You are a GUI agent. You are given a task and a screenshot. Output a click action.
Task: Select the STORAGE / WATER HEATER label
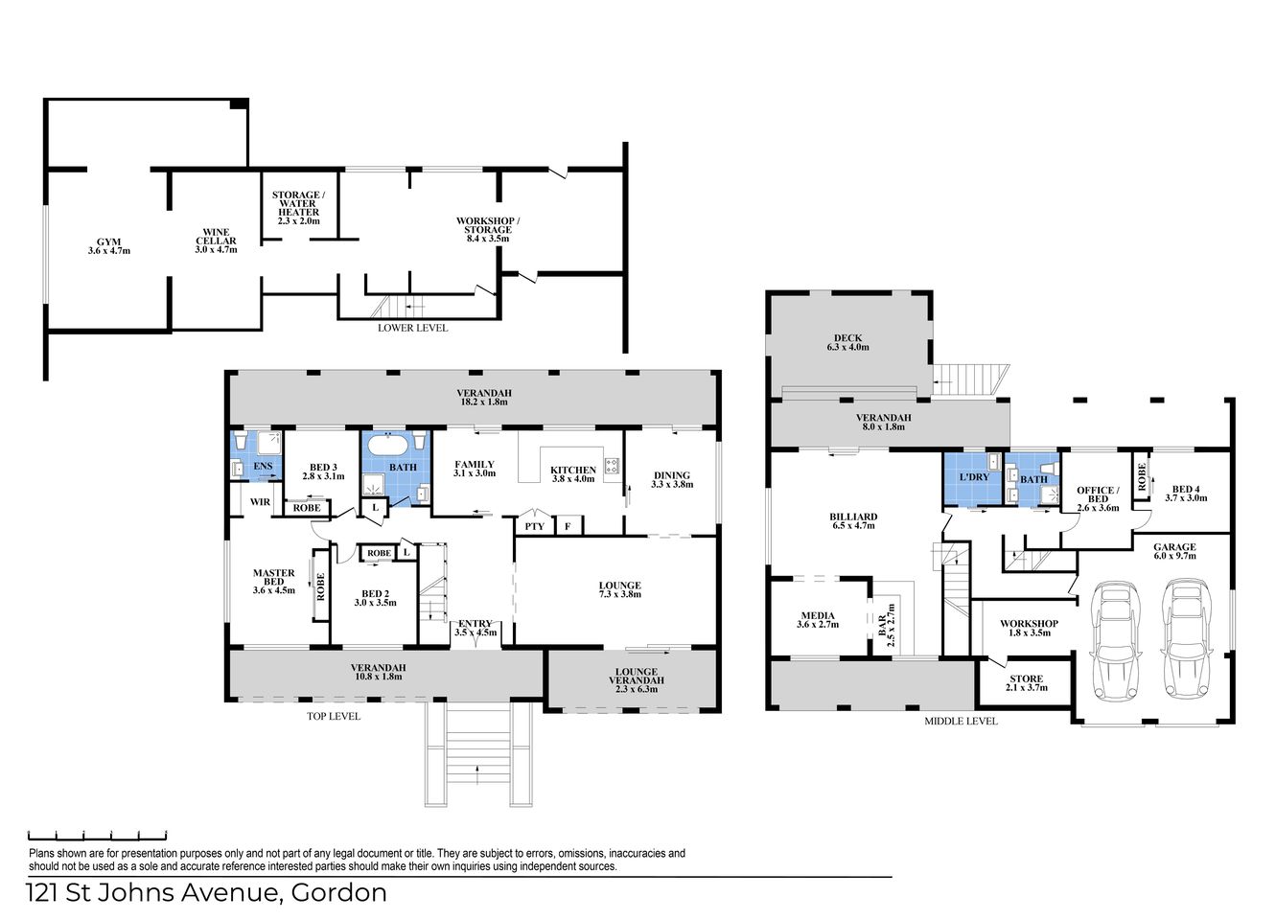point(297,207)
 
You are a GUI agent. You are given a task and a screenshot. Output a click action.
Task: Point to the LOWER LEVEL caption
point(412,328)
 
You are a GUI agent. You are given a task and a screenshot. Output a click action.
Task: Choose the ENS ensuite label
point(262,467)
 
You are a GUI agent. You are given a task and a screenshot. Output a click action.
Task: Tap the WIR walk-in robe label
point(259,501)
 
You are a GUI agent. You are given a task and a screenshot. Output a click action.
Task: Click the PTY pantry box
point(534,526)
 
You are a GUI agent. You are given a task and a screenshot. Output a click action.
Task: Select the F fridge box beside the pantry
point(567,526)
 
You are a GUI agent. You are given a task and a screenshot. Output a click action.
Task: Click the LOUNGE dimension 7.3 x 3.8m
point(619,594)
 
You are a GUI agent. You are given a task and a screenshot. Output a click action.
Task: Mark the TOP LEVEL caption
point(334,716)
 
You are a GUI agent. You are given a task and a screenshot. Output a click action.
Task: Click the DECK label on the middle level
point(847,338)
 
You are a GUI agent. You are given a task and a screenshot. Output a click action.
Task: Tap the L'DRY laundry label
point(973,477)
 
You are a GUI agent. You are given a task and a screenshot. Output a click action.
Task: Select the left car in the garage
point(1114,639)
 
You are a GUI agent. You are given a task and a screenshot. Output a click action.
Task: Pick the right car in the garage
point(1182,639)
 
